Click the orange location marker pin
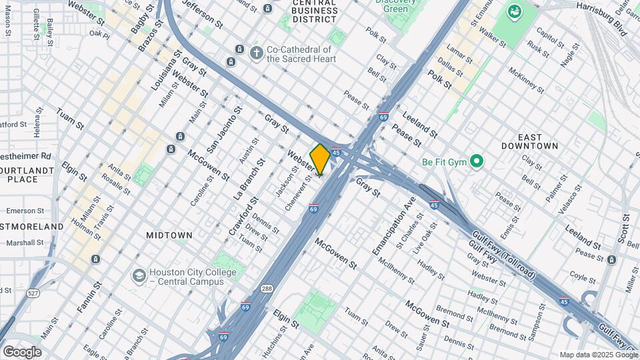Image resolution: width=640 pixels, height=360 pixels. (x=320, y=159)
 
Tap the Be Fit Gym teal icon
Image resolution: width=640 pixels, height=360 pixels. (x=476, y=161)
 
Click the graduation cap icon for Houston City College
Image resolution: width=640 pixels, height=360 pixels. (x=139, y=276)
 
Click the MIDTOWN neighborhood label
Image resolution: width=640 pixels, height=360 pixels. (x=169, y=235)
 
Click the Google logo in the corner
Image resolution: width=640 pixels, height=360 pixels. (x=21, y=352)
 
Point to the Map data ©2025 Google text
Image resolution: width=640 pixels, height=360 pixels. (x=598, y=355)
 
